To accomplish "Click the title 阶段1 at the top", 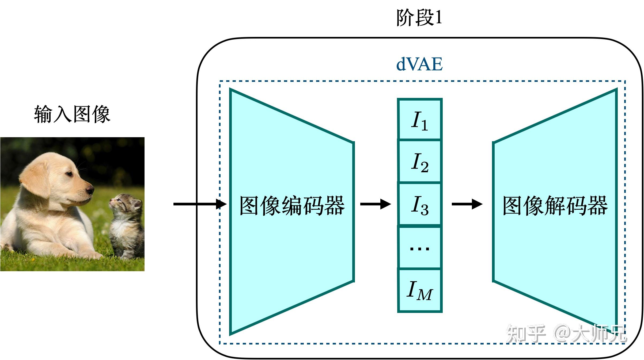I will coord(419,18).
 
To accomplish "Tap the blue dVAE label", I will coord(419,64).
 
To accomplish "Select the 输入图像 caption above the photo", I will coord(72,114).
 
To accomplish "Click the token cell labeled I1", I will coord(419,119).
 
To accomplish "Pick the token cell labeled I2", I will coord(419,162).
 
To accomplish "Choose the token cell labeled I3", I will coord(419,204).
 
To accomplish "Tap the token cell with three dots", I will coord(419,248).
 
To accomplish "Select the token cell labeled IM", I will coord(419,290).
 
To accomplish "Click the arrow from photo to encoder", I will coord(199,204).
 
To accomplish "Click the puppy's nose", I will coord(90,190).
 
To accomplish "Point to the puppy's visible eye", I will coord(69,174).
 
